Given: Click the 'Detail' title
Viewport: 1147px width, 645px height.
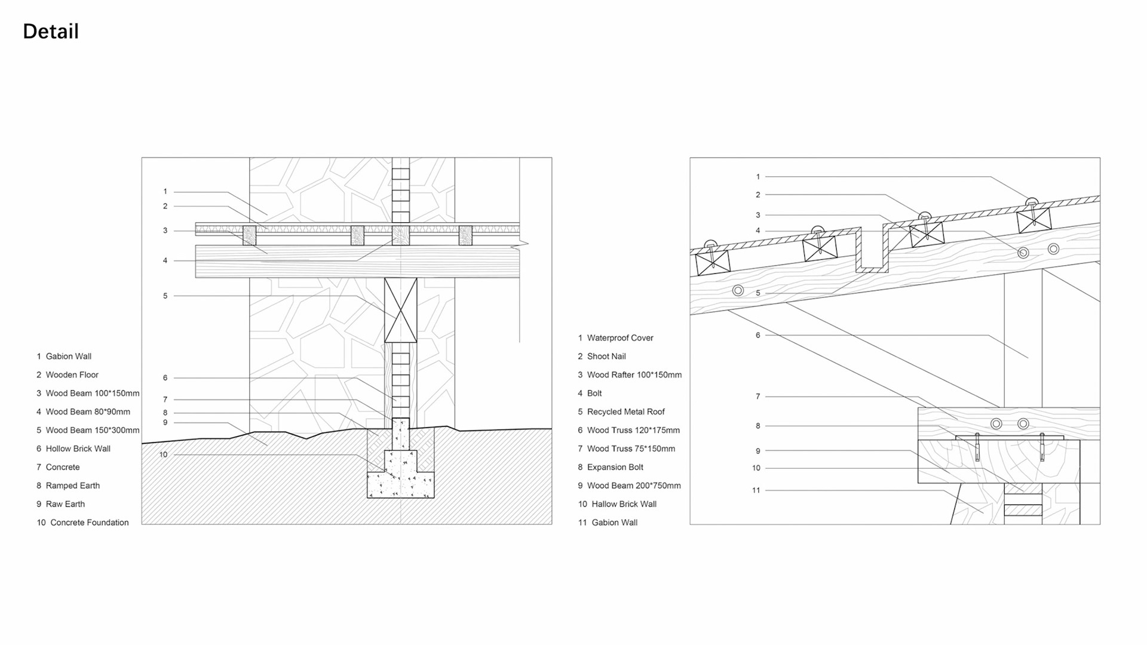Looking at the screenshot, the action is click(x=51, y=32).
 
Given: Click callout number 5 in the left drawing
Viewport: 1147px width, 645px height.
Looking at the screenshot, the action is click(x=165, y=296).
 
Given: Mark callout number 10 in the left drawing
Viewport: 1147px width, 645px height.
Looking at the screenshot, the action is click(x=164, y=455).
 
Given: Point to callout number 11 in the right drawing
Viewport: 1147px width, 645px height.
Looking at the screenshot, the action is click(x=756, y=491).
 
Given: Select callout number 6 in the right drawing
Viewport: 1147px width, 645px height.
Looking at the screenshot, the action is click(x=758, y=336).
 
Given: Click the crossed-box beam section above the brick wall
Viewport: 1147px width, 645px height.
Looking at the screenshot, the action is click(x=400, y=310).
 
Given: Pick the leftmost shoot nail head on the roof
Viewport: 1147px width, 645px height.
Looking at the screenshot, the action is click(x=710, y=244).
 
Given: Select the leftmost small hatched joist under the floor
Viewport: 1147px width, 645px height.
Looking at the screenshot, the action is click(x=249, y=235).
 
